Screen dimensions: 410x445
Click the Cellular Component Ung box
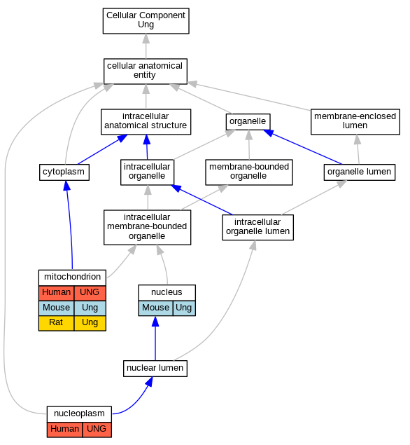coord(146,21)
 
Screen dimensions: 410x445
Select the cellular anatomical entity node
coord(146,71)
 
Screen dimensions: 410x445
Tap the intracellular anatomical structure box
coord(146,122)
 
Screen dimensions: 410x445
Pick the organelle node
coord(248,122)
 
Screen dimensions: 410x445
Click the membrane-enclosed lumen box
coord(355,122)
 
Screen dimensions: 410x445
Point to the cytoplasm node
coord(64,172)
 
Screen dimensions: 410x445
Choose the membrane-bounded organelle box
coord(249,172)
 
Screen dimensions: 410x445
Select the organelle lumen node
coord(360,172)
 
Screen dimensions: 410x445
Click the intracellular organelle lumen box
coord(258,227)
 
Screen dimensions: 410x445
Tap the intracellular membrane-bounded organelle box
coord(148,227)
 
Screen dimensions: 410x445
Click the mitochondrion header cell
coord(72,278)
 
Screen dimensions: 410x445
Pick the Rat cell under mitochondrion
coord(56,323)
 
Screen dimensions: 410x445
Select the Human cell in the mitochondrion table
coord(56,293)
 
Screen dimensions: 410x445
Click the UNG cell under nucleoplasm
coord(97,430)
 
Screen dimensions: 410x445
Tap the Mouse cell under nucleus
coord(155,308)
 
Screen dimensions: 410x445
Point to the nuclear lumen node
coord(155,369)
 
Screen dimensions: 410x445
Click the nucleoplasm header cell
coord(79,414)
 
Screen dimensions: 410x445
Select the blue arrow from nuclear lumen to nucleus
coord(155,338)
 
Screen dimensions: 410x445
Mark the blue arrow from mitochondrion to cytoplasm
coord(70,225)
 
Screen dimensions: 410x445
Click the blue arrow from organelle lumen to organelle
coord(303,146)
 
